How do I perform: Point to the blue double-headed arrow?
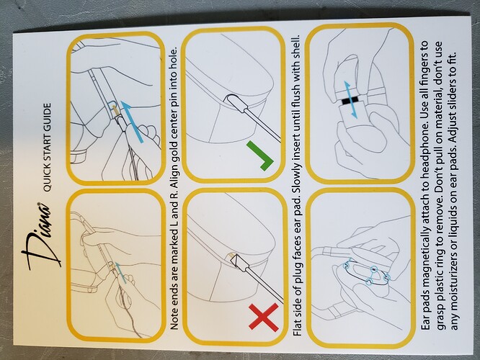click(x=350, y=99)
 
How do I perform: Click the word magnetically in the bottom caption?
click(x=425, y=254)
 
